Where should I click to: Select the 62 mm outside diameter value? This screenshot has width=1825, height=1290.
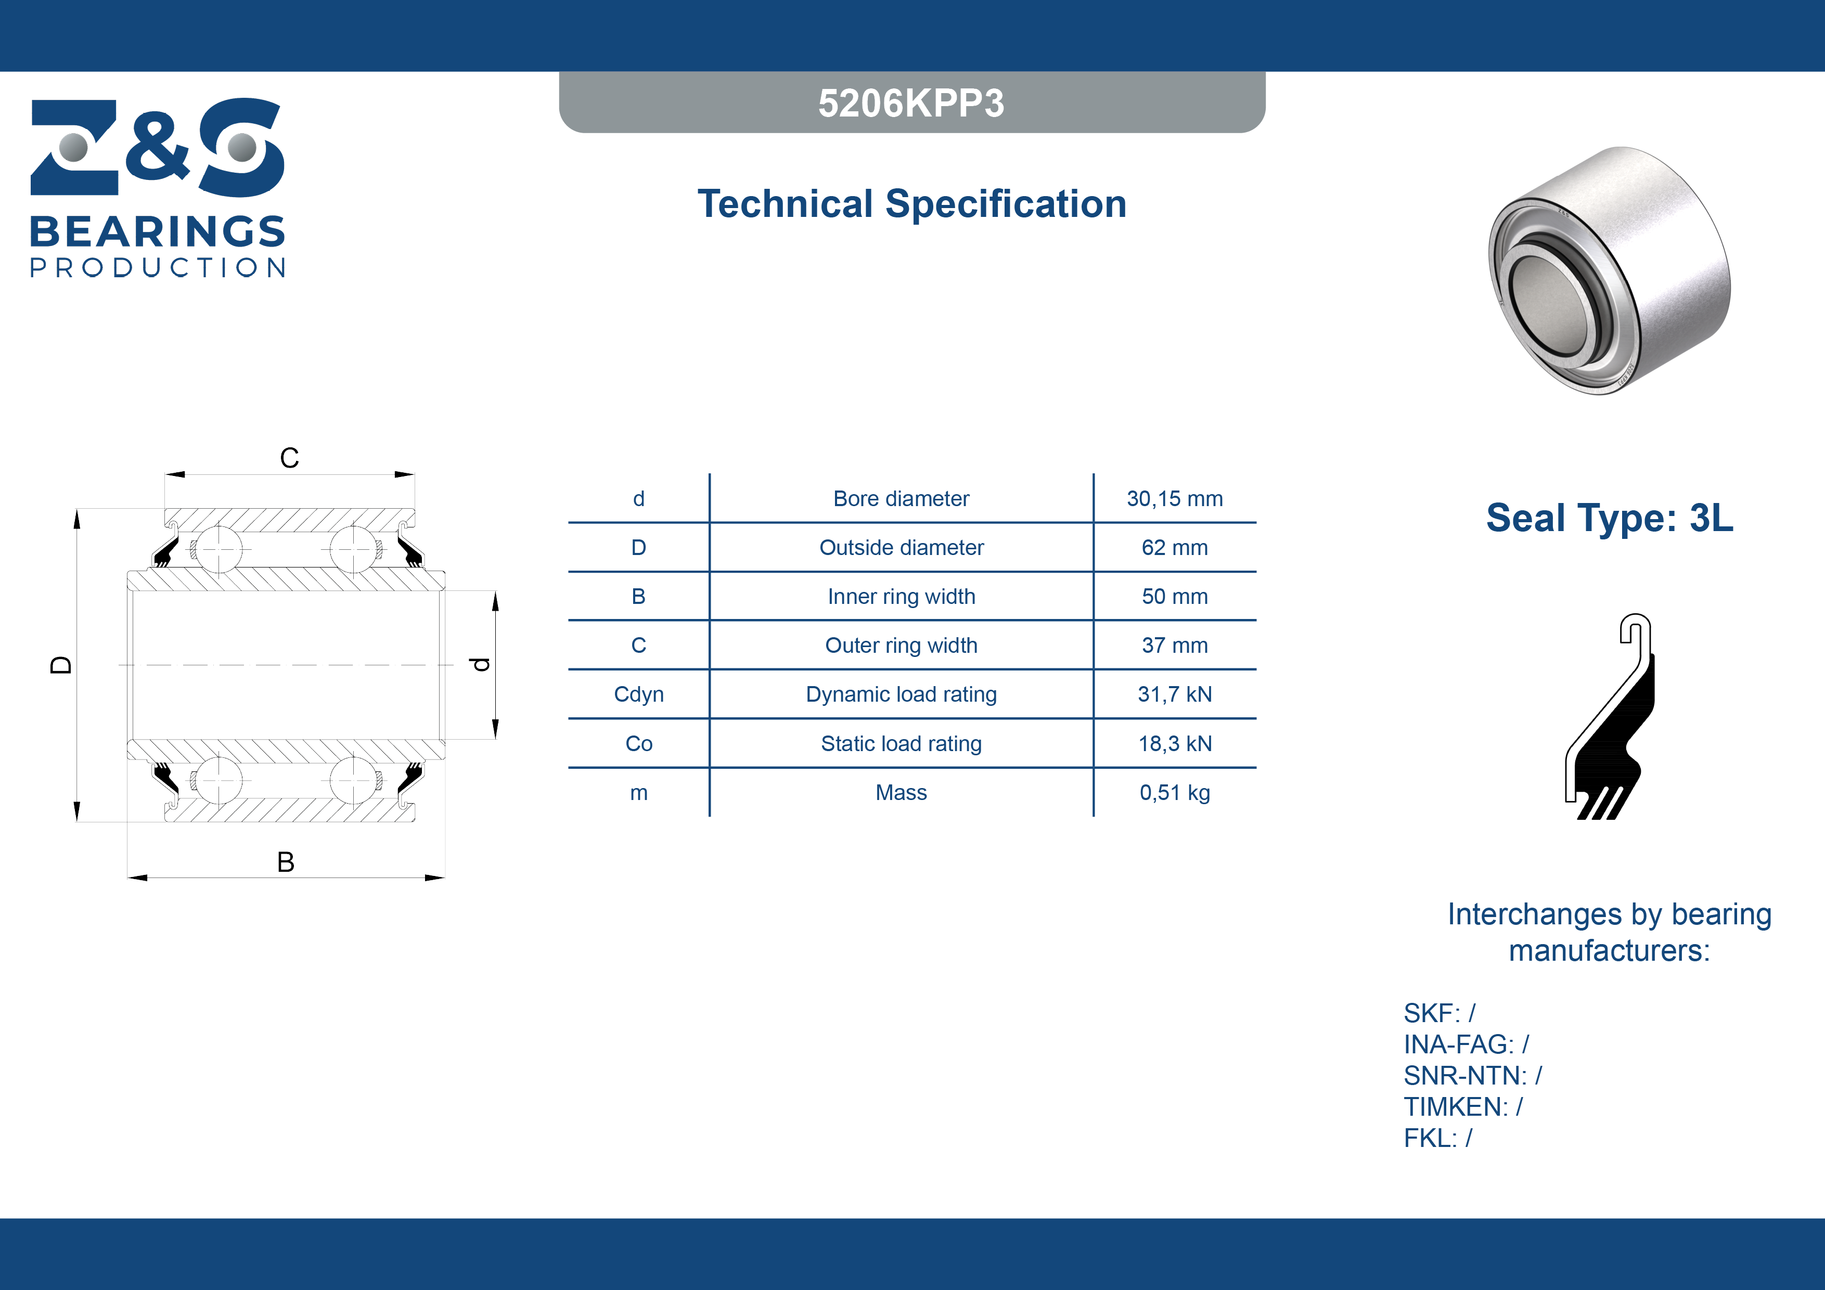pos(1174,548)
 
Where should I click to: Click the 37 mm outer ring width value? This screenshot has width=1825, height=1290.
pos(1174,646)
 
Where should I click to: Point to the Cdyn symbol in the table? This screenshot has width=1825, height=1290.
pos(638,695)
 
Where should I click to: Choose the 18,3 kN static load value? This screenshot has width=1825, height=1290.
pos(1174,744)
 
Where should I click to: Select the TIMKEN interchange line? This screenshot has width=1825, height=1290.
pos(1462,1106)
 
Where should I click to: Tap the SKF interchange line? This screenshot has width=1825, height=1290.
pos(1438,1013)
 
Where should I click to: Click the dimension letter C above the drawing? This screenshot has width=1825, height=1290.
pos(289,458)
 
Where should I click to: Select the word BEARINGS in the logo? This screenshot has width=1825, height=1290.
pos(158,232)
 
